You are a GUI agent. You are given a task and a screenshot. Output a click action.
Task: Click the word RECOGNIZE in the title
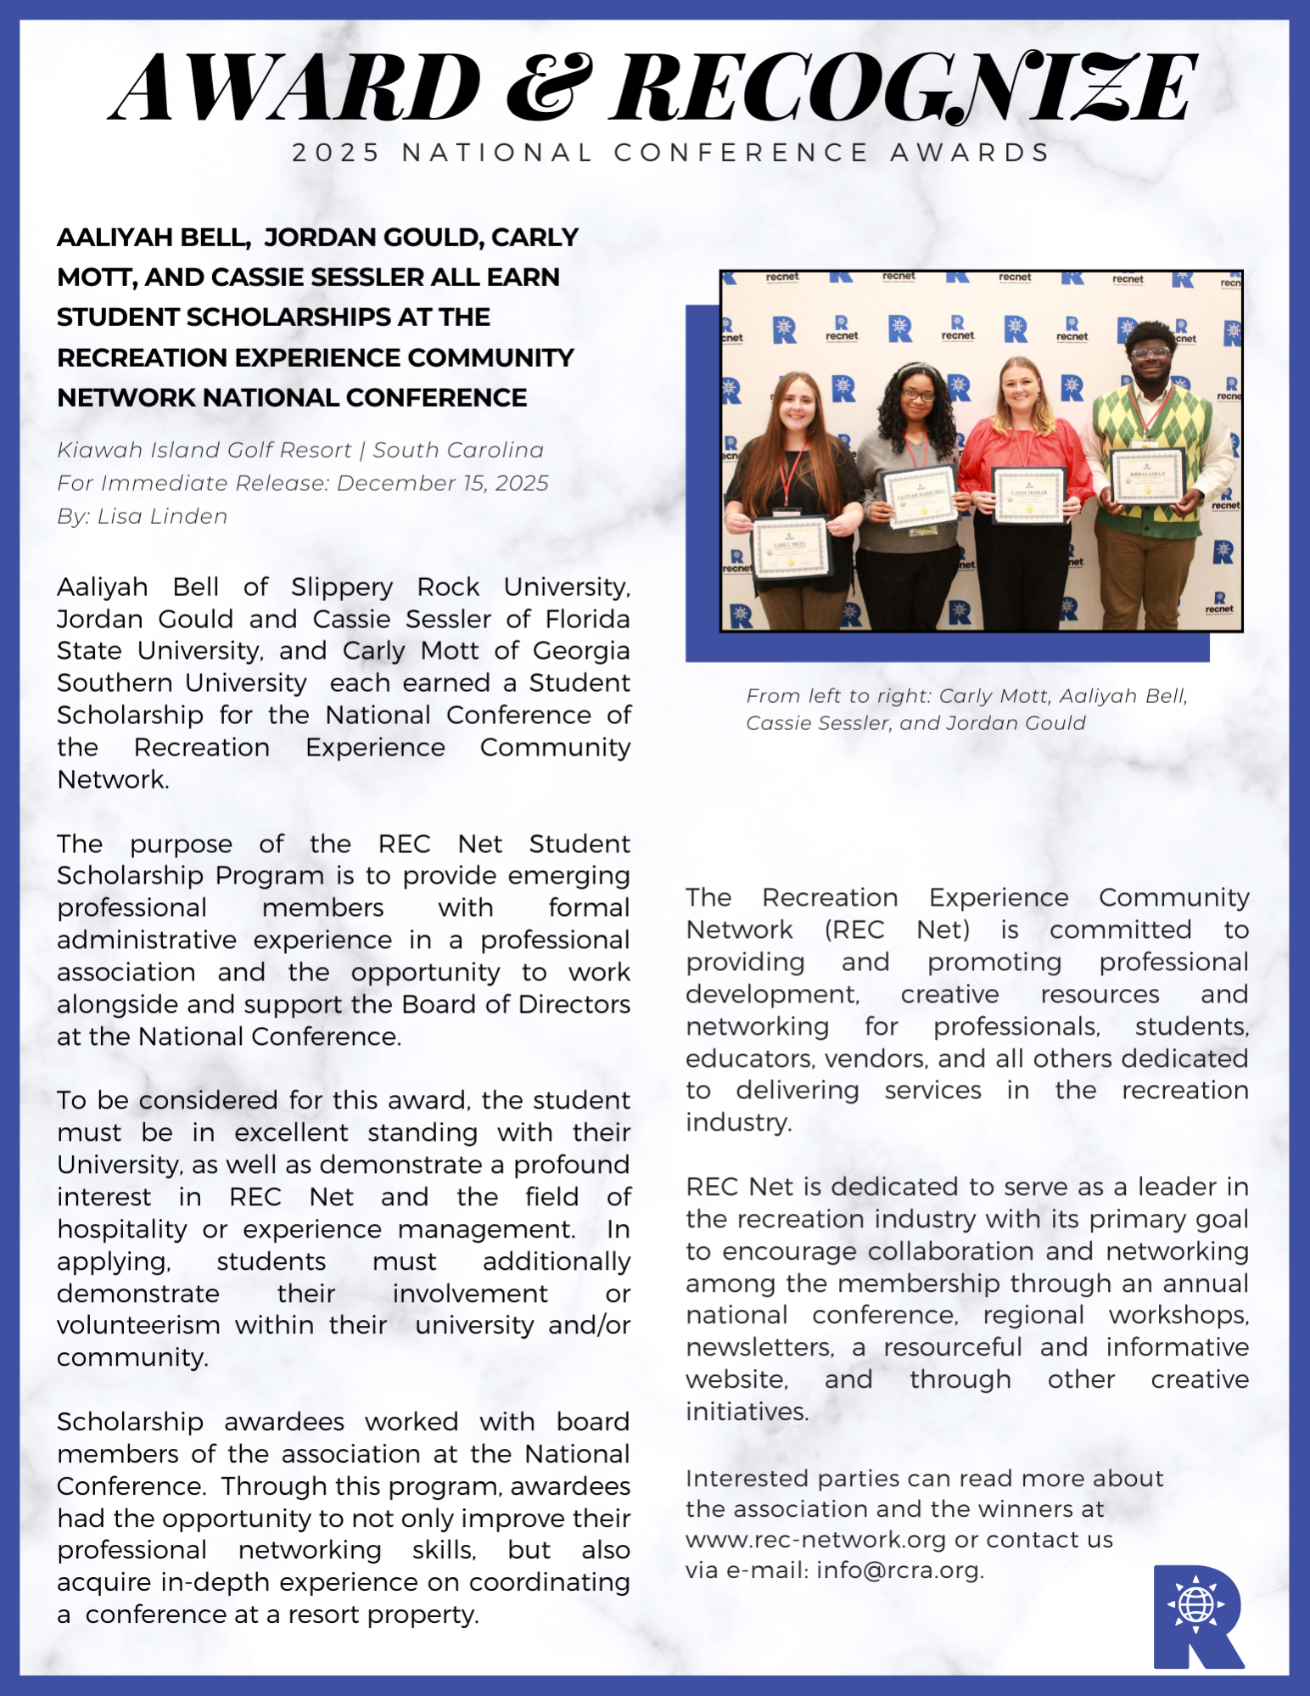tap(904, 87)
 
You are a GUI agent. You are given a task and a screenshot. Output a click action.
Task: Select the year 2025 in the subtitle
tap(336, 153)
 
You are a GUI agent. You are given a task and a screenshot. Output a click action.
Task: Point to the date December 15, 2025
tap(442, 483)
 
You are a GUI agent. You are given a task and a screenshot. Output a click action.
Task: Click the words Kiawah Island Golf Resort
tap(204, 450)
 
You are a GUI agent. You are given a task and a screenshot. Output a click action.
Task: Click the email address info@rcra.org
tap(898, 1570)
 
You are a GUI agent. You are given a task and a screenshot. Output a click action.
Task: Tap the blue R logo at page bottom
tap(1197, 1616)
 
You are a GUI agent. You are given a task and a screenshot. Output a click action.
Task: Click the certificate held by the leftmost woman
tap(791, 547)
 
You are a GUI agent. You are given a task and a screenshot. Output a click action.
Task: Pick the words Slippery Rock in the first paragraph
tap(385, 587)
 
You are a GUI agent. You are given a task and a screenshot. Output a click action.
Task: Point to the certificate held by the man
tap(1147, 476)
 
